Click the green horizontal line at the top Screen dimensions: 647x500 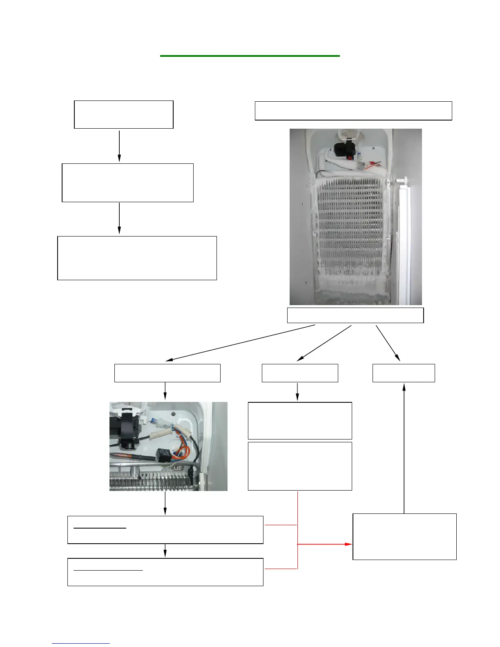[250, 56]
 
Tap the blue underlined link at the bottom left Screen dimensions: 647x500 [81, 644]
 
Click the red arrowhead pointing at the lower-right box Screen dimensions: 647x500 [348, 544]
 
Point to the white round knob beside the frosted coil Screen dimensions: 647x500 [402, 179]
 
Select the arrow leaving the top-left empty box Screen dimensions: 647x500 [119, 146]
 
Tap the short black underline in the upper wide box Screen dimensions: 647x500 [100, 528]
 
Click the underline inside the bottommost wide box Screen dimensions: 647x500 [108, 570]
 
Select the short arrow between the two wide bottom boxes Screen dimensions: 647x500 [165, 551]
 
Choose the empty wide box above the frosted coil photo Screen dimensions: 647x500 [353, 111]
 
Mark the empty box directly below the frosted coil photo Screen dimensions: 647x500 [355, 315]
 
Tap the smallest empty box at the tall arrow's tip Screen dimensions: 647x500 [404, 373]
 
